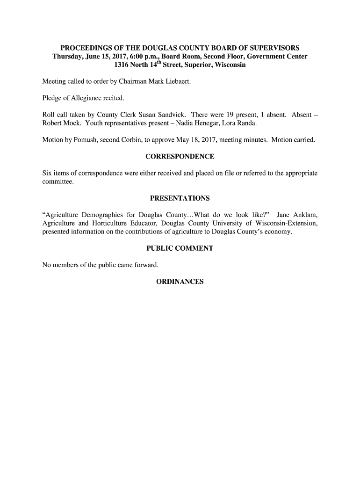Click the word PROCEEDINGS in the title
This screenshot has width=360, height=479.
[x=85, y=48]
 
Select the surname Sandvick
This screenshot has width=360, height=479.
[x=169, y=115]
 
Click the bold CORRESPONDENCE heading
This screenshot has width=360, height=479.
[x=180, y=156]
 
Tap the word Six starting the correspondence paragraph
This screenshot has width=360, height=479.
[x=47, y=173]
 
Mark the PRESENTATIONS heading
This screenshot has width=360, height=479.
[x=180, y=198]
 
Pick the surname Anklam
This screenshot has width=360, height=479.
[x=306, y=215]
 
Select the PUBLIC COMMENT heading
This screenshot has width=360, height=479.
[x=180, y=248]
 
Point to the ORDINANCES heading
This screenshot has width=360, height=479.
[x=180, y=282]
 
